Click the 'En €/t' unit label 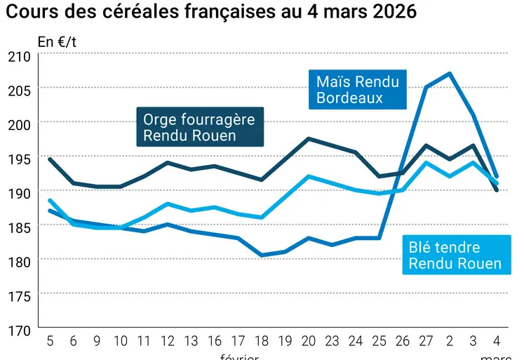coord(58,41)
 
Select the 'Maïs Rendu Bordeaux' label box coord(357,90)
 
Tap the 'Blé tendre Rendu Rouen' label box coord(455,255)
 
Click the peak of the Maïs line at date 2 coord(449,73)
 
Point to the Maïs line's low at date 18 coord(261,255)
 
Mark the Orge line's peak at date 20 coord(309,138)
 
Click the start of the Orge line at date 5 coord(49,159)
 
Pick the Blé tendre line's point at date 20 coord(309,176)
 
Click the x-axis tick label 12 coord(167,341)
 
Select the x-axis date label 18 coord(261,341)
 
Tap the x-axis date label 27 coord(426,341)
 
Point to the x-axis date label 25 coord(379,341)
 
